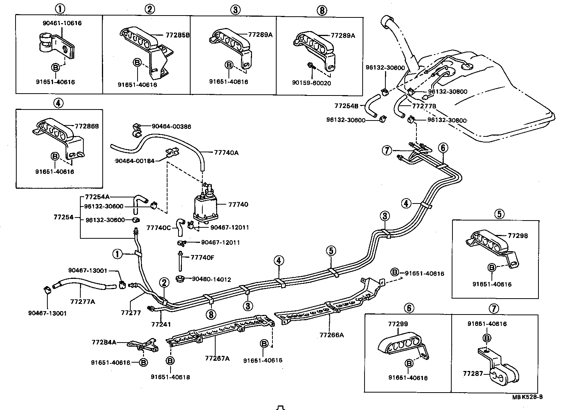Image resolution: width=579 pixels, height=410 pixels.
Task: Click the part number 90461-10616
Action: [x=62, y=23]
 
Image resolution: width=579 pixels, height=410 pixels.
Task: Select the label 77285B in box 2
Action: [x=177, y=35]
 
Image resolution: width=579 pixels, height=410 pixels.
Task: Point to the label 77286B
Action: [x=86, y=126]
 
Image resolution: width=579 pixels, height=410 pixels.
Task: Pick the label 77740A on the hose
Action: [x=226, y=152]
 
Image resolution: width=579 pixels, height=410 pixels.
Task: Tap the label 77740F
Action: [x=202, y=258]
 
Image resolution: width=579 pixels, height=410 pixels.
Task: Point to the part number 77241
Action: [x=161, y=324]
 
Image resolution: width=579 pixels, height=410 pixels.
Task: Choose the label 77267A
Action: [x=217, y=358]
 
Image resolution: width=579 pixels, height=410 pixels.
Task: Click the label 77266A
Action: [x=332, y=335]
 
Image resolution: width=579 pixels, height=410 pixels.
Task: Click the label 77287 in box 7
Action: [x=473, y=374]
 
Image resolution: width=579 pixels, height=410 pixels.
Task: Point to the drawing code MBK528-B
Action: [x=527, y=397]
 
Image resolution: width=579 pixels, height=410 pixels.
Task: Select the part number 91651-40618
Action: [x=170, y=377]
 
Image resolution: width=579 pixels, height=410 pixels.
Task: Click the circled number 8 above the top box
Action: [x=321, y=10]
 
